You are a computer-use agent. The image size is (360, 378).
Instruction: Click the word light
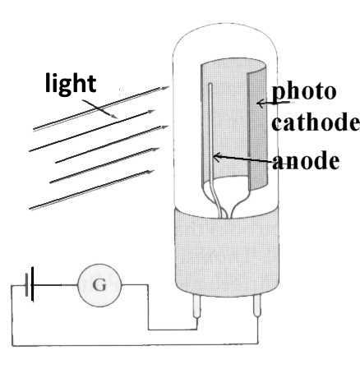[71, 84]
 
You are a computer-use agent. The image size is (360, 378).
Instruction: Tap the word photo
[304, 93]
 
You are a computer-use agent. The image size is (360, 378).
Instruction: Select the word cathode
[316, 122]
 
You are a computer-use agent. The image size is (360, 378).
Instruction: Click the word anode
[306, 160]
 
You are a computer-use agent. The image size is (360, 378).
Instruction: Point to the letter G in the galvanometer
[99, 285]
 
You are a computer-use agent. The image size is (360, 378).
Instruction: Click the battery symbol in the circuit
[30, 284]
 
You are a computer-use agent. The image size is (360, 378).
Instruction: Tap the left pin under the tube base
[196, 306]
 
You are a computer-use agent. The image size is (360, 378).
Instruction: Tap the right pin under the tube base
[257, 306]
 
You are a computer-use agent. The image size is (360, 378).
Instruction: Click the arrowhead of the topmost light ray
[165, 88]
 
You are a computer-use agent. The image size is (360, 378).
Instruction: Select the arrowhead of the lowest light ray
[150, 172]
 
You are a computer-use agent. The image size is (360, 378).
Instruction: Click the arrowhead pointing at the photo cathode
[260, 104]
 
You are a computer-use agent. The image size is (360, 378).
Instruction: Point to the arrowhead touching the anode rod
[216, 157]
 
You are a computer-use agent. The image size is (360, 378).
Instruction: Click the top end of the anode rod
[210, 84]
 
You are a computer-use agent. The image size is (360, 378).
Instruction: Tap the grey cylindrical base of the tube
[227, 252]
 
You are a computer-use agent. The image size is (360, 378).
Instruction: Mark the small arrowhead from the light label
[114, 116]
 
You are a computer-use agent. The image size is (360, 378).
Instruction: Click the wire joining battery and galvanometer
[56, 285]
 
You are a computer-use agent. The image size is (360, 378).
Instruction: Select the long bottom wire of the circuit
[135, 344]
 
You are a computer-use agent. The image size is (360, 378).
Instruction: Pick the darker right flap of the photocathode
[257, 129]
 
